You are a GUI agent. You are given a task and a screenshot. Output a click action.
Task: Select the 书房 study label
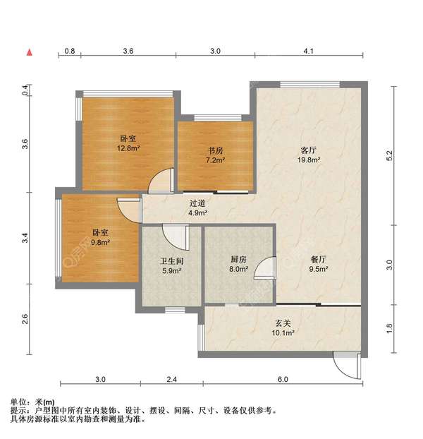pyautogui.click(x=215, y=150)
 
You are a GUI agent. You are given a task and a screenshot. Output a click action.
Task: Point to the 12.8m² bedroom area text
pyautogui.click(x=128, y=148)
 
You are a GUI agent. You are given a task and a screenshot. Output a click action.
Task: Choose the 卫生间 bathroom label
pyautogui.click(x=172, y=260)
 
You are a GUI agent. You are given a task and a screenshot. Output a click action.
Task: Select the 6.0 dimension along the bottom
pyautogui.click(x=283, y=380)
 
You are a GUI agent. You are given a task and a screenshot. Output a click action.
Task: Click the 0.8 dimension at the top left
pyautogui.click(x=70, y=52)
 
